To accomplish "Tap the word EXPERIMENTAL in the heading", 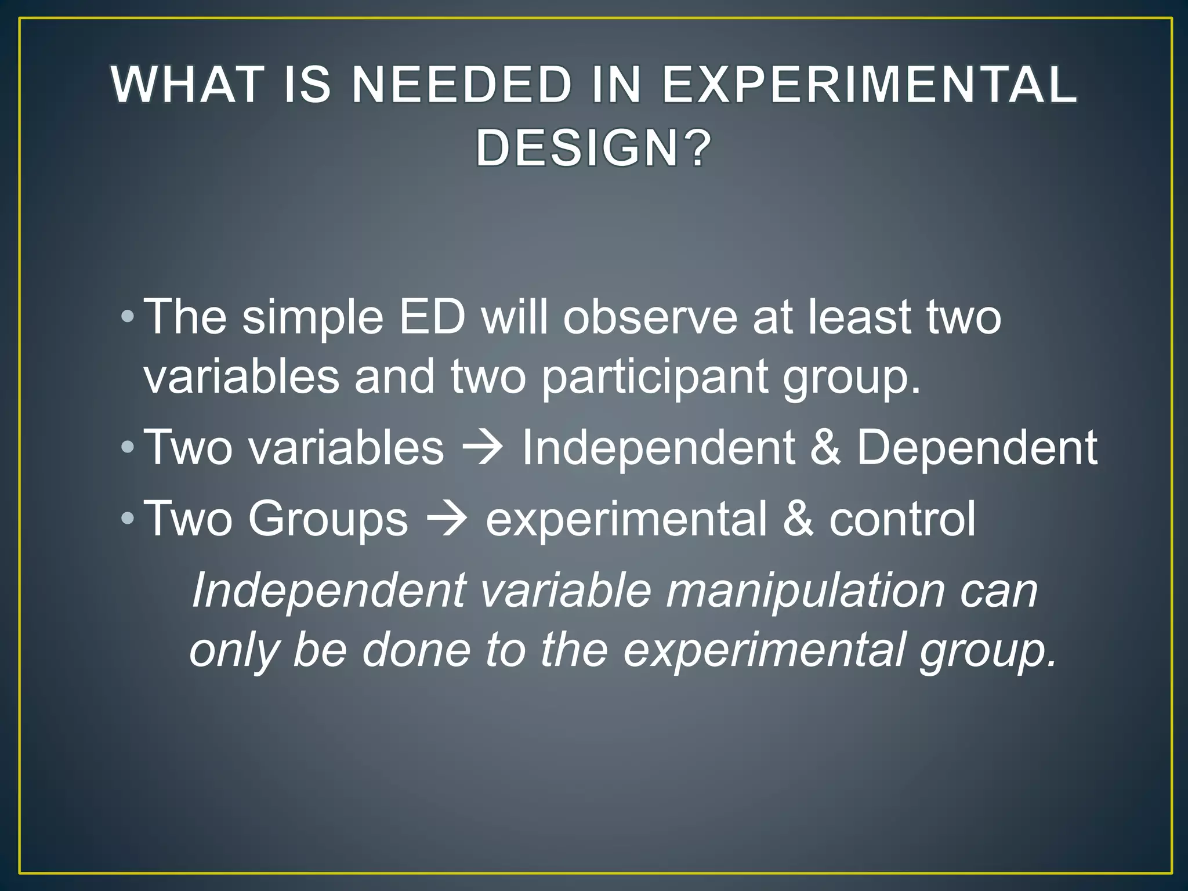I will point(869,85).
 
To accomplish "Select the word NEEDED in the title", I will point(461,85).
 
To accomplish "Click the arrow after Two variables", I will point(483,448).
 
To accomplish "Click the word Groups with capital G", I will point(328,519).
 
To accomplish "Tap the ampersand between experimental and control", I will point(798,519).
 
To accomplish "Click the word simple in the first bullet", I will point(313,318).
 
